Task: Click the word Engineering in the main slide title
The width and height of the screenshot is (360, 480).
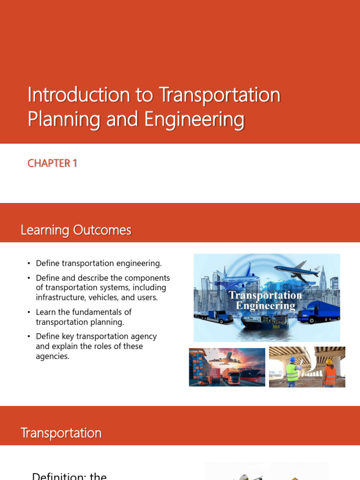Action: (194, 119)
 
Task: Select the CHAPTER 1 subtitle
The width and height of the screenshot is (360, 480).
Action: (52, 163)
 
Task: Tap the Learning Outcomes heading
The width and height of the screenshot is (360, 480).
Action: (75, 230)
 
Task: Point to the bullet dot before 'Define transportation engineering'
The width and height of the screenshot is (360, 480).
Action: (29, 263)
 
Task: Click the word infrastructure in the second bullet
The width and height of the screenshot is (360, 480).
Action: (59, 297)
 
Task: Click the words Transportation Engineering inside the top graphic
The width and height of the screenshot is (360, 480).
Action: (265, 300)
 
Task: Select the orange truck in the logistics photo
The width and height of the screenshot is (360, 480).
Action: (231, 374)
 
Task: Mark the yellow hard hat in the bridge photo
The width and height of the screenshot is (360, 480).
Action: (330, 361)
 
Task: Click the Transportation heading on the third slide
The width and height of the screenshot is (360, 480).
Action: (61, 433)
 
